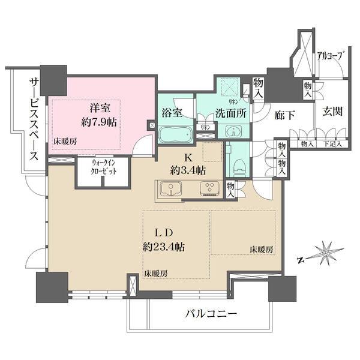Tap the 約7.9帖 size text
click(x=99, y=121)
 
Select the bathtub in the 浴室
click(x=176, y=133)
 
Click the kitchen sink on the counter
click(x=170, y=191)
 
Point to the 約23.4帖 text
click(x=163, y=247)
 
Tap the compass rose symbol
click(x=323, y=254)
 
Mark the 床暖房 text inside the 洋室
click(x=65, y=142)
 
